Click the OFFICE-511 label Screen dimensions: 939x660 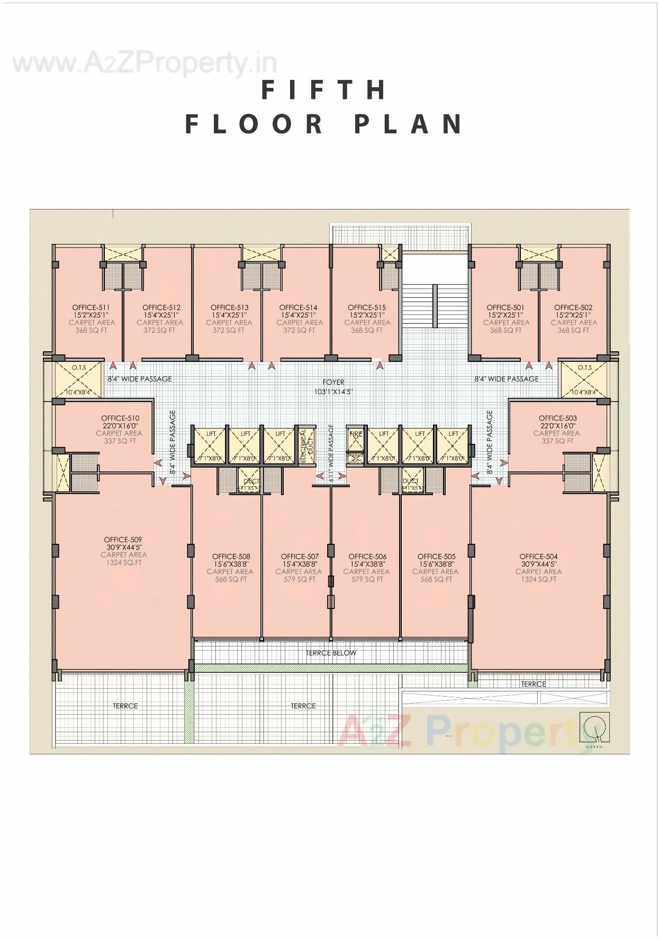91,307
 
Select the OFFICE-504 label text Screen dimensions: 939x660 538,557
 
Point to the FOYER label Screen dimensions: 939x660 333,382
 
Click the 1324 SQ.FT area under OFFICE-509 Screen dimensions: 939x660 123,563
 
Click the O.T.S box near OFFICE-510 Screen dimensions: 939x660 78,379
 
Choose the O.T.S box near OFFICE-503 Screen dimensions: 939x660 584,379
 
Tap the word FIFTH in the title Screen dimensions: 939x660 324,89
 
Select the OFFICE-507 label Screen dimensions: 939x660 300,557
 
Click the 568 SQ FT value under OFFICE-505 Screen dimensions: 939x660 436,579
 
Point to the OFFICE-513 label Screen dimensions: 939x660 229,307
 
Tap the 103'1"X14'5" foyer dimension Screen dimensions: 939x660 333,392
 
